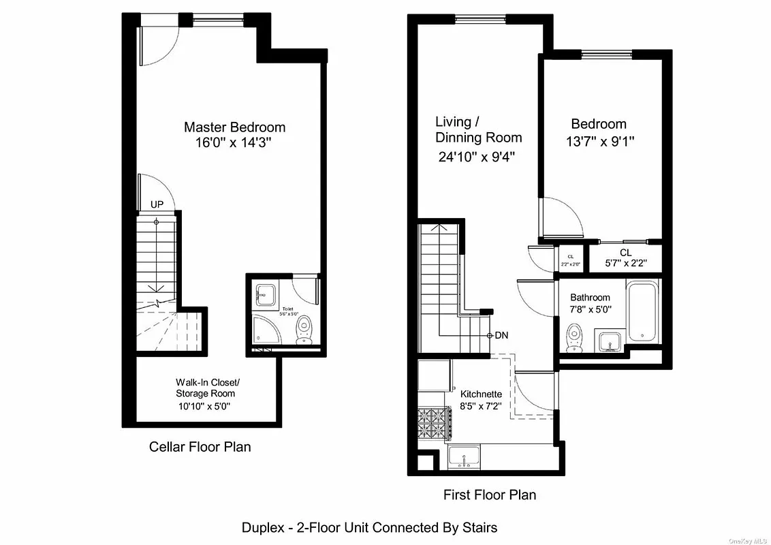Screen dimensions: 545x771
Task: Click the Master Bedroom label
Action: (x=234, y=127)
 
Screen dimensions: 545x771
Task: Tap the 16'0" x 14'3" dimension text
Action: (x=234, y=143)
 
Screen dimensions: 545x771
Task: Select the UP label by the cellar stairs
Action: (x=157, y=204)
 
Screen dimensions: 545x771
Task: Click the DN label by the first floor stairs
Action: (x=501, y=335)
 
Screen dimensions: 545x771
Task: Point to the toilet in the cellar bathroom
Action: (x=304, y=330)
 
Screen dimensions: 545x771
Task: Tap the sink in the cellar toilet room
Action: (x=264, y=295)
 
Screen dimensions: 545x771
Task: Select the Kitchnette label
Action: (x=481, y=394)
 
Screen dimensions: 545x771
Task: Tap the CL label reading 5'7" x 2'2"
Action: (x=625, y=258)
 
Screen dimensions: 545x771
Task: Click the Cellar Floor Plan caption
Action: (x=200, y=447)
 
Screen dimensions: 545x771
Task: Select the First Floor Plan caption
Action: (x=489, y=495)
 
